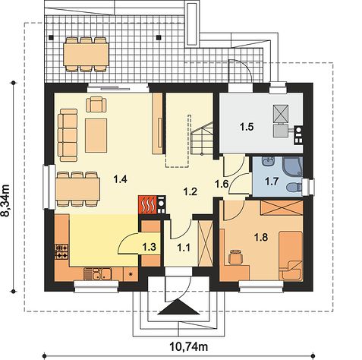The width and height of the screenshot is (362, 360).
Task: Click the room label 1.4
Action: tap(120, 179)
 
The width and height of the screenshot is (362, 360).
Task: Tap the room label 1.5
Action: tap(247, 127)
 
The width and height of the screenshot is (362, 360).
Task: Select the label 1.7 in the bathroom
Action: tap(272, 182)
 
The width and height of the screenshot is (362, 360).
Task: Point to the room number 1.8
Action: tap(261, 238)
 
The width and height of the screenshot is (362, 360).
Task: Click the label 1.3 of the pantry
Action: tap(150, 247)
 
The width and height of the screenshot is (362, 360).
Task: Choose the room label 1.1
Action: tap(184, 248)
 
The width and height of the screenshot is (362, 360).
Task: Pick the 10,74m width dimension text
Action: tap(189, 346)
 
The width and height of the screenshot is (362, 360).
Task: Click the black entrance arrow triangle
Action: tap(179, 307)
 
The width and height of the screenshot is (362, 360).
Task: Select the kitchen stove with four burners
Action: tap(61, 251)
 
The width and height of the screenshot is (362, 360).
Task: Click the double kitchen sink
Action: tap(98, 274)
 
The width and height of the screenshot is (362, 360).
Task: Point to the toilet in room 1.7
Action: tap(294, 187)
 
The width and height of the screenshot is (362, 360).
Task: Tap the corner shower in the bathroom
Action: tap(293, 166)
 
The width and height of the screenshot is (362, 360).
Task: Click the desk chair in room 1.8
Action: tap(235, 257)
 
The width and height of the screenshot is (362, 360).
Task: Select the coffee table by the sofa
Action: tap(96, 135)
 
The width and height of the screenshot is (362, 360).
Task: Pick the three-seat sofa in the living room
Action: tap(68, 135)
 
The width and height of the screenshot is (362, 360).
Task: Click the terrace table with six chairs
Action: tap(86, 55)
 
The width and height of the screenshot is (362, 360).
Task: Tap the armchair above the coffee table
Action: tap(96, 104)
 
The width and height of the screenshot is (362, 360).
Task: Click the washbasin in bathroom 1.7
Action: tap(269, 161)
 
